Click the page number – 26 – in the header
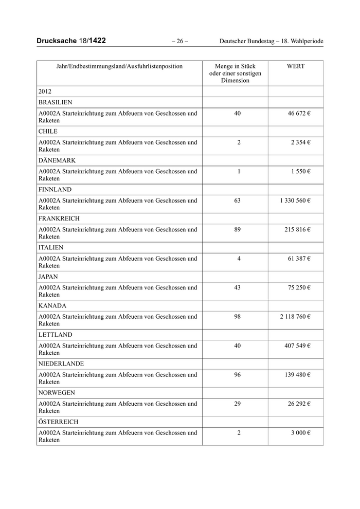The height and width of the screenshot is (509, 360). pyautogui.click(x=180, y=41)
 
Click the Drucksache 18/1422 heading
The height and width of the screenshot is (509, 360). pyautogui.click(x=71, y=41)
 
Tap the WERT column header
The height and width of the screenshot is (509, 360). pyautogui.click(x=295, y=66)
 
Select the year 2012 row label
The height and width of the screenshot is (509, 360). pyautogui.click(x=45, y=92)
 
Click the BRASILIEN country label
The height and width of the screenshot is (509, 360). pyautogui.click(x=55, y=102)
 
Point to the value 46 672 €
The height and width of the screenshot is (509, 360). pyautogui.click(x=299, y=113)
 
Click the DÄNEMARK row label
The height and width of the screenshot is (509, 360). pyautogui.click(x=57, y=160)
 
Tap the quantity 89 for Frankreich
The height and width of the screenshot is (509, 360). pyautogui.click(x=237, y=229)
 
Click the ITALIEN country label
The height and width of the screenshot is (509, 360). pyautogui.click(x=51, y=247)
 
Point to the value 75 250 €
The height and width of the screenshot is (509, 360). pyautogui.click(x=299, y=287)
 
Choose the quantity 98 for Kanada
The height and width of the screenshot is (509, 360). pyautogui.click(x=237, y=317)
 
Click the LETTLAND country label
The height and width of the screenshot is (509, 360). pyautogui.click(x=54, y=334)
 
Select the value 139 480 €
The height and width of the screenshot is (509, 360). pyautogui.click(x=297, y=375)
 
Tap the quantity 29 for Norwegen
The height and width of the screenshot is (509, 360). pyautogui.click(x=237, y=404)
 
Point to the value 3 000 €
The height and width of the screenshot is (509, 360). pyautogui.click(x=301, y=433)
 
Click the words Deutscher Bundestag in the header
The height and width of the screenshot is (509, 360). pyautogui.click(x=247, y=41)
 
